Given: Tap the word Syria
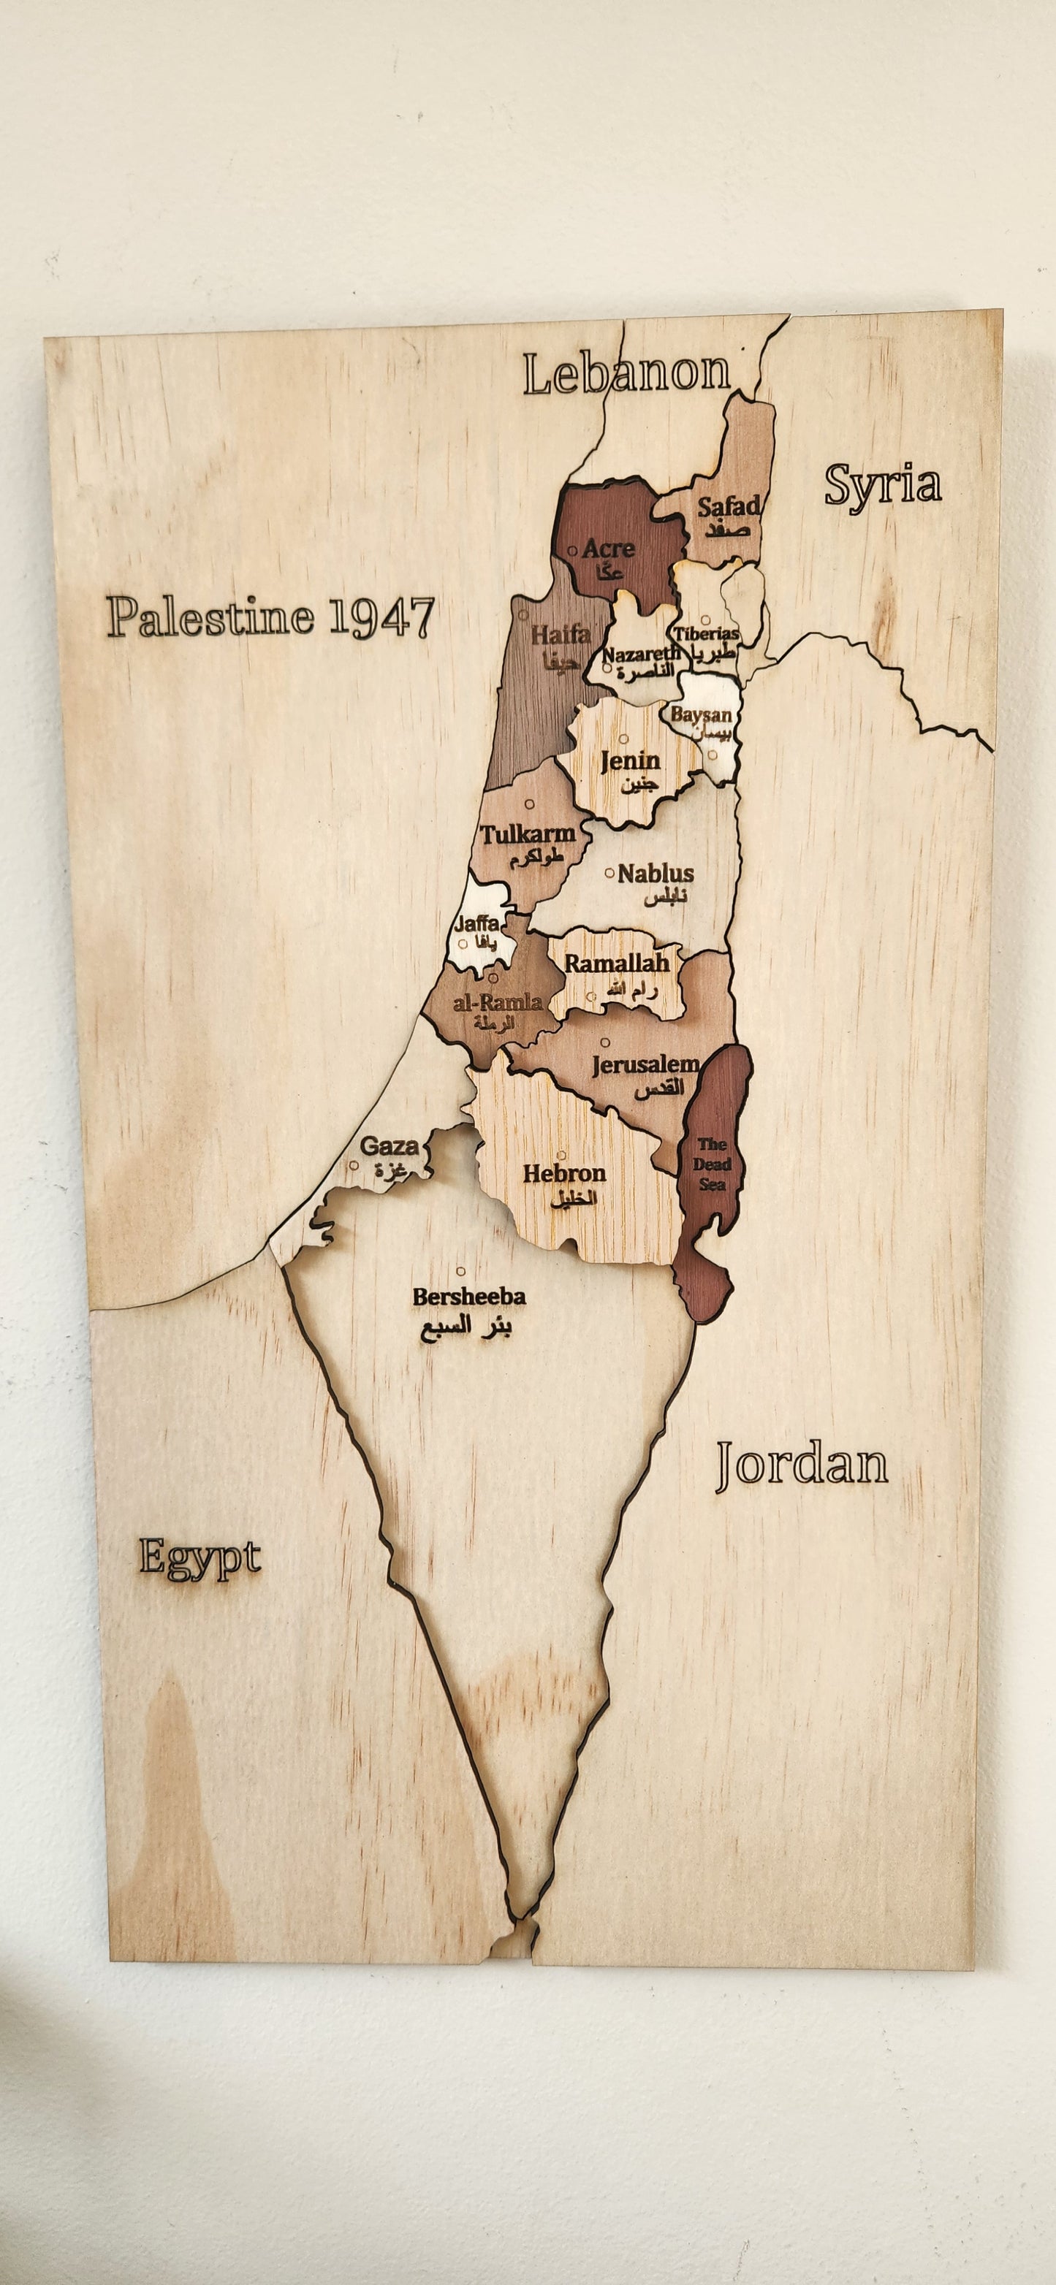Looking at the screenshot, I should click(882, 485).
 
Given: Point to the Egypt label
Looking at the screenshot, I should click(200, 1560).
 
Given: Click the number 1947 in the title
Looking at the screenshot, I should click(381, 617).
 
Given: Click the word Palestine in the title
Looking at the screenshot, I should click(211, 617).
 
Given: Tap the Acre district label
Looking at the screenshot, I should click(608, 549).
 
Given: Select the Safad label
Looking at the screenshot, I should click(728, 508).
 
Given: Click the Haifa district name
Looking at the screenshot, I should click(561, 635).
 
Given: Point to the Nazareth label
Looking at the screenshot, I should click(642, 654).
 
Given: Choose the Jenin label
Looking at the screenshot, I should click(630, 760).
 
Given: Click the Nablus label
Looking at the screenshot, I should click(656, 874).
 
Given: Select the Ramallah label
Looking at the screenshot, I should click(617, 964).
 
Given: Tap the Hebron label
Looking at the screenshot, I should click(564, 1173).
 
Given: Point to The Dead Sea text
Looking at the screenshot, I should click(712, 1164).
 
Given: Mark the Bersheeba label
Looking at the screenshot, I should click(468, 1296).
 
